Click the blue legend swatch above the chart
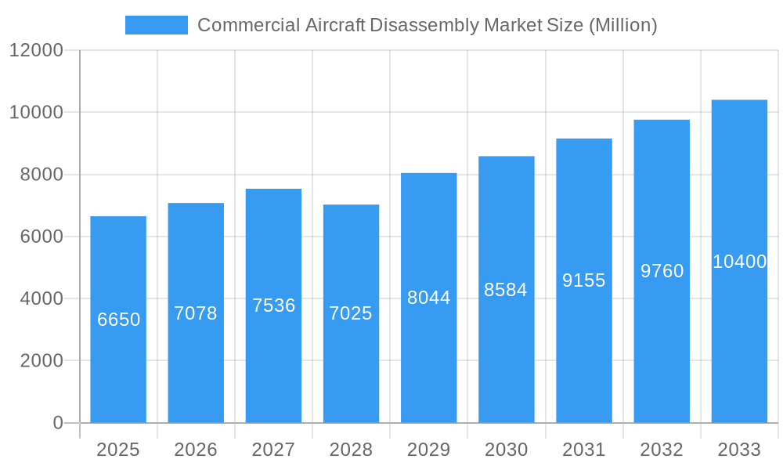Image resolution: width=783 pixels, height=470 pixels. click(157, 25)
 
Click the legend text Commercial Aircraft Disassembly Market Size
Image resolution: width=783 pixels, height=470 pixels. click(427, 25)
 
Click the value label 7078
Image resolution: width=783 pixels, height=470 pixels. click(196, 313)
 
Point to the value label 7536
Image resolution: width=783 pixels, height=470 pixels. click(273, 305)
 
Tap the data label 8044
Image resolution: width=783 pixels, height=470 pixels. click(428, 298)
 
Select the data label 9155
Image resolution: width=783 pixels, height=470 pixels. click(584, 280)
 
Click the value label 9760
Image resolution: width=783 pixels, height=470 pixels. click(662, 271)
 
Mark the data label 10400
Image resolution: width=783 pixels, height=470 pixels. click(739, 262)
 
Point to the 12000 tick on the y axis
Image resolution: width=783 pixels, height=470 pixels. click(36, 50)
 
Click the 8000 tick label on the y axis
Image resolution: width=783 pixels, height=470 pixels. click(41, 175)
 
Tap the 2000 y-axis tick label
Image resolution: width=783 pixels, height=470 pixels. click(41, 361)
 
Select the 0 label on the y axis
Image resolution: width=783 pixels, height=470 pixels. click(58, 423)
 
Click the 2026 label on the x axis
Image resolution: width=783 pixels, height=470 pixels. click(196, 450)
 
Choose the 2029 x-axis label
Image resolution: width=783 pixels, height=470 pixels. click(428, 450)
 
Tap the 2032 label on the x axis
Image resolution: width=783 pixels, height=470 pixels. click(662, 450)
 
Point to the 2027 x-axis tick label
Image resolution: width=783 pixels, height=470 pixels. click(273, 450)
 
